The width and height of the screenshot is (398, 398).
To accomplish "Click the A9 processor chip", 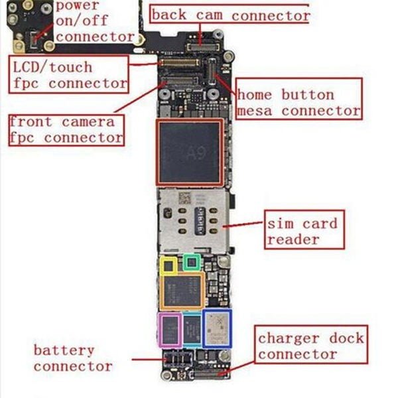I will [189, 152].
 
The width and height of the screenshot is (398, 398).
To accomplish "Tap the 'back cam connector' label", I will [230, 15].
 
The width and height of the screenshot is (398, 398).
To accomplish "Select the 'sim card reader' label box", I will [302, 230].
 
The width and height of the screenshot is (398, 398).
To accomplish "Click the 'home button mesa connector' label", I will [298, 102].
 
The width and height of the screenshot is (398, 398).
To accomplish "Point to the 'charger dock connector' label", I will [310, 346].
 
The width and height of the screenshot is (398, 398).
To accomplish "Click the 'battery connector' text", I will [73, 358].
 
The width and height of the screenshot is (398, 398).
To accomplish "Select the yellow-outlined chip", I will [169, 265].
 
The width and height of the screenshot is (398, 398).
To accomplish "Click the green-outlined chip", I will [192, 261].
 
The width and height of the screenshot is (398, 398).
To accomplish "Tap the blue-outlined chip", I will [216, 328].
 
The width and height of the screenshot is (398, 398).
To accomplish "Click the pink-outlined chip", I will [170, 329].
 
